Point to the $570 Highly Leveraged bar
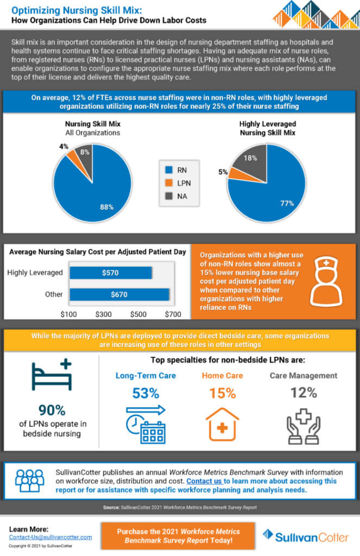pos(111,273)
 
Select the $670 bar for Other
pos(119,294)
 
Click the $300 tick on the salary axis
pos(104,314)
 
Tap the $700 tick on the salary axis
pos(173,314)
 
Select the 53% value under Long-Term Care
pos(145,393)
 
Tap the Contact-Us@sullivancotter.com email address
pos(50,536)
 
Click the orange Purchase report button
pos(179,535)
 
